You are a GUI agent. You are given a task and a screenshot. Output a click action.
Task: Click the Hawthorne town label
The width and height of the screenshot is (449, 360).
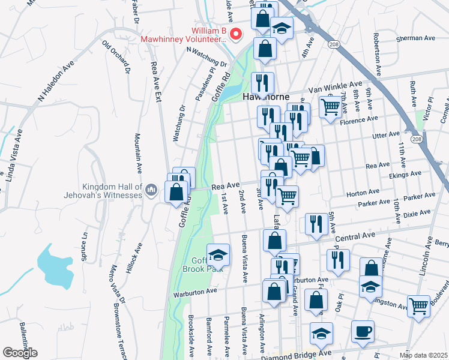[266, 97]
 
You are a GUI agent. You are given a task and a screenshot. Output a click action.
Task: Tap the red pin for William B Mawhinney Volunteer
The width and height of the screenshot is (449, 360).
[236, 34]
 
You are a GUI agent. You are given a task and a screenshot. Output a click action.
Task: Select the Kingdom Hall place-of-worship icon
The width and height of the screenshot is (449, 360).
[151, 191]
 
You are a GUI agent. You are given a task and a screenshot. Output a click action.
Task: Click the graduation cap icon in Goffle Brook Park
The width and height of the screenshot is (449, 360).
[218, 254]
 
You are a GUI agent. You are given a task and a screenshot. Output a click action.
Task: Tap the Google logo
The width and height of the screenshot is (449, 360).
[20, 353]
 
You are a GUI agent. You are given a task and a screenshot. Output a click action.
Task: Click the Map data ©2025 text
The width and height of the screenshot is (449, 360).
[423, 355]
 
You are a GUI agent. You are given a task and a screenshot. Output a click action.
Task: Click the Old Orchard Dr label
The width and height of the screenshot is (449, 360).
[117, 56]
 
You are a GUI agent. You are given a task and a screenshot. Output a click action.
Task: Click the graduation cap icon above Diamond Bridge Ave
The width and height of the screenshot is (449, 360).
[321, 332]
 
